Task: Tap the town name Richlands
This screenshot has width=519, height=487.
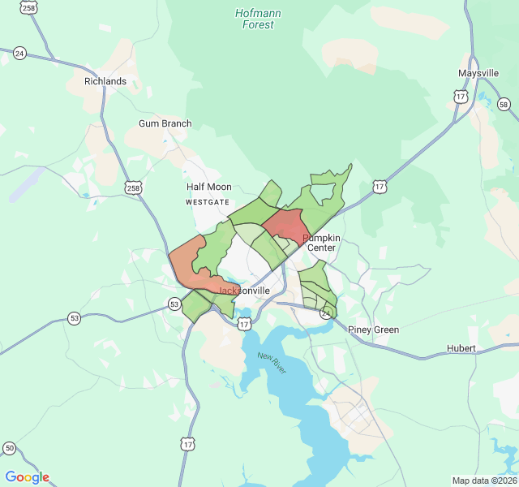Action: [x=105, y=81]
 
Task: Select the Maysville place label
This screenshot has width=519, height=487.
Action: [x=478, y=73]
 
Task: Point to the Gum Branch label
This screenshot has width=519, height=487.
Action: [x=165, y=123]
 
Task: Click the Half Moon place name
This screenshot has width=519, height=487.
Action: [x=208, y=187]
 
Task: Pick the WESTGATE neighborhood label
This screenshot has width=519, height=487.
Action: [x=208, y=201]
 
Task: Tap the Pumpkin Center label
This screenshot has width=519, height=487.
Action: [x=320, y=243]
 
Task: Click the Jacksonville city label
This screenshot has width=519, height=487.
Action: [x=244, y=291]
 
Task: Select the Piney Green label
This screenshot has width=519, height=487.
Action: [x=373, y=330]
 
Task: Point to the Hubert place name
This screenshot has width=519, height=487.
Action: [x=461, y=348]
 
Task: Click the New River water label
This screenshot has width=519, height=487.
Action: [x=272, y=362]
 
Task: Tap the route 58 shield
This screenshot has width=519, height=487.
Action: [x=504, y=104]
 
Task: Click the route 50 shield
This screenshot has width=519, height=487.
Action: [x=9, y=448]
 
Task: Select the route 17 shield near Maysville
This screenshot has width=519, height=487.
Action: [x=461, y=97]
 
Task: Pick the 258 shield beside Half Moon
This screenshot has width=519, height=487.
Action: [x=132, y=187]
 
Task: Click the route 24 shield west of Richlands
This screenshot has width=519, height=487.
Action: [x=20, y=54]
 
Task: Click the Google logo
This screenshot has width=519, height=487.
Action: [x=27, y=477]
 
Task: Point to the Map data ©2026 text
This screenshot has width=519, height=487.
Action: [x=483, y=481]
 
